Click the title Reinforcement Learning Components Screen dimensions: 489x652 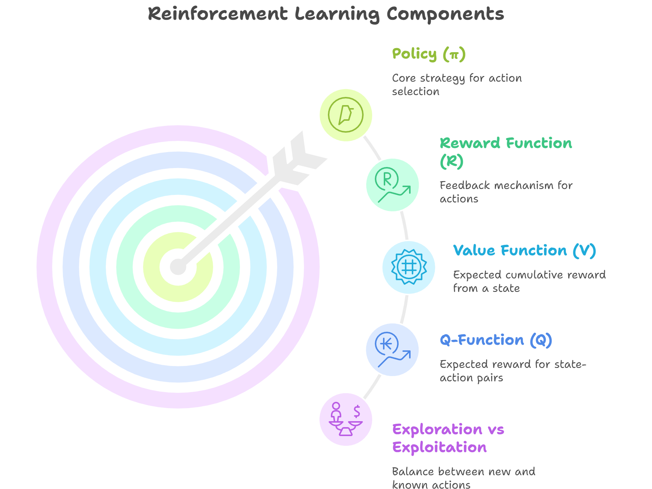click(x=326, y=14)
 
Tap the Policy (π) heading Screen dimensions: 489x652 click(x=428, y=54)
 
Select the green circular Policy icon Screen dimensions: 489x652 click(x=346, y=115)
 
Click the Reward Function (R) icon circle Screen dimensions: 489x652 click(x=392, y=185)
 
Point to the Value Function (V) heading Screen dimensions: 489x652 click(x=524, y=250)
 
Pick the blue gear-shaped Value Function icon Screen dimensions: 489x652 click(x=409, y=267)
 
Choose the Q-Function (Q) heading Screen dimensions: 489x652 click(x=496, y=340)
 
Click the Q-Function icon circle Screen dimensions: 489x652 click(x=392, y=350)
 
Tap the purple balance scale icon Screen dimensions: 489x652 click(x=346, y=419)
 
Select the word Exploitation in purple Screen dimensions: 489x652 click(x=439, y=447)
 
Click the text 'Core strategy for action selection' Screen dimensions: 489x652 click(x=456, y=85)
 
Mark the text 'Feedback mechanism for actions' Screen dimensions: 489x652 click(x=506, y=192)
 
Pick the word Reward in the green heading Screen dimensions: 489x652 click(x=470, y=143)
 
